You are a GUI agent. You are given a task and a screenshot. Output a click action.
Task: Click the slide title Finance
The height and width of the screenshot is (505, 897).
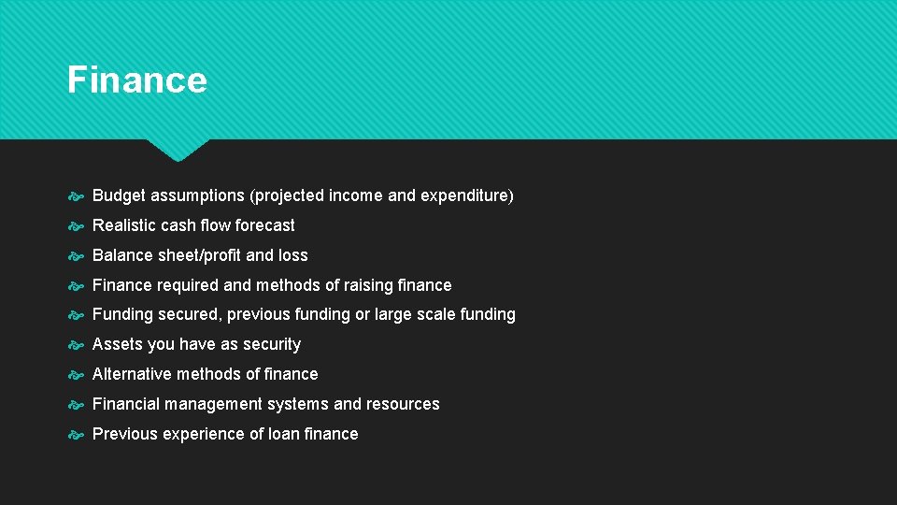pyautogui.click(x=136, y=80)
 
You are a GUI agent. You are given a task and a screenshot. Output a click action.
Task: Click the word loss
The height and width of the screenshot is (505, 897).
pyautogui.click(x=292, y=255)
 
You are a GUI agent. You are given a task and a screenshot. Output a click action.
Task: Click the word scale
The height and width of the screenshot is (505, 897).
pyautogui.click(x=436, y=315)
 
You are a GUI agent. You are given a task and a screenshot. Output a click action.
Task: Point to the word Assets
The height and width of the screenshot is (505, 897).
pyautogui.click(x=119, y=344)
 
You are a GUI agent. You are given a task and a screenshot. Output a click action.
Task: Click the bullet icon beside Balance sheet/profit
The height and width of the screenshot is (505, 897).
pyautogui.click(x=77, y=255)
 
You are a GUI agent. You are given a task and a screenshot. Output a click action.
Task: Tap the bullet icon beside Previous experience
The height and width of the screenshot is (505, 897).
pyautogui.click(x=77, y=434)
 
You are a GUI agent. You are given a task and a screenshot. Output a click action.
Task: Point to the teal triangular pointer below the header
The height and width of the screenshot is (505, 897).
pyautogui.click(x=178, y=150)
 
